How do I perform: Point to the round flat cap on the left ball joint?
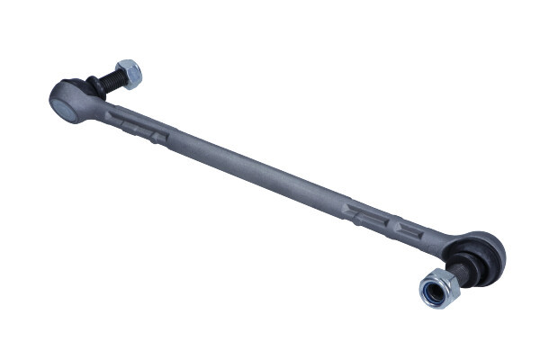tap(64, 104)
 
